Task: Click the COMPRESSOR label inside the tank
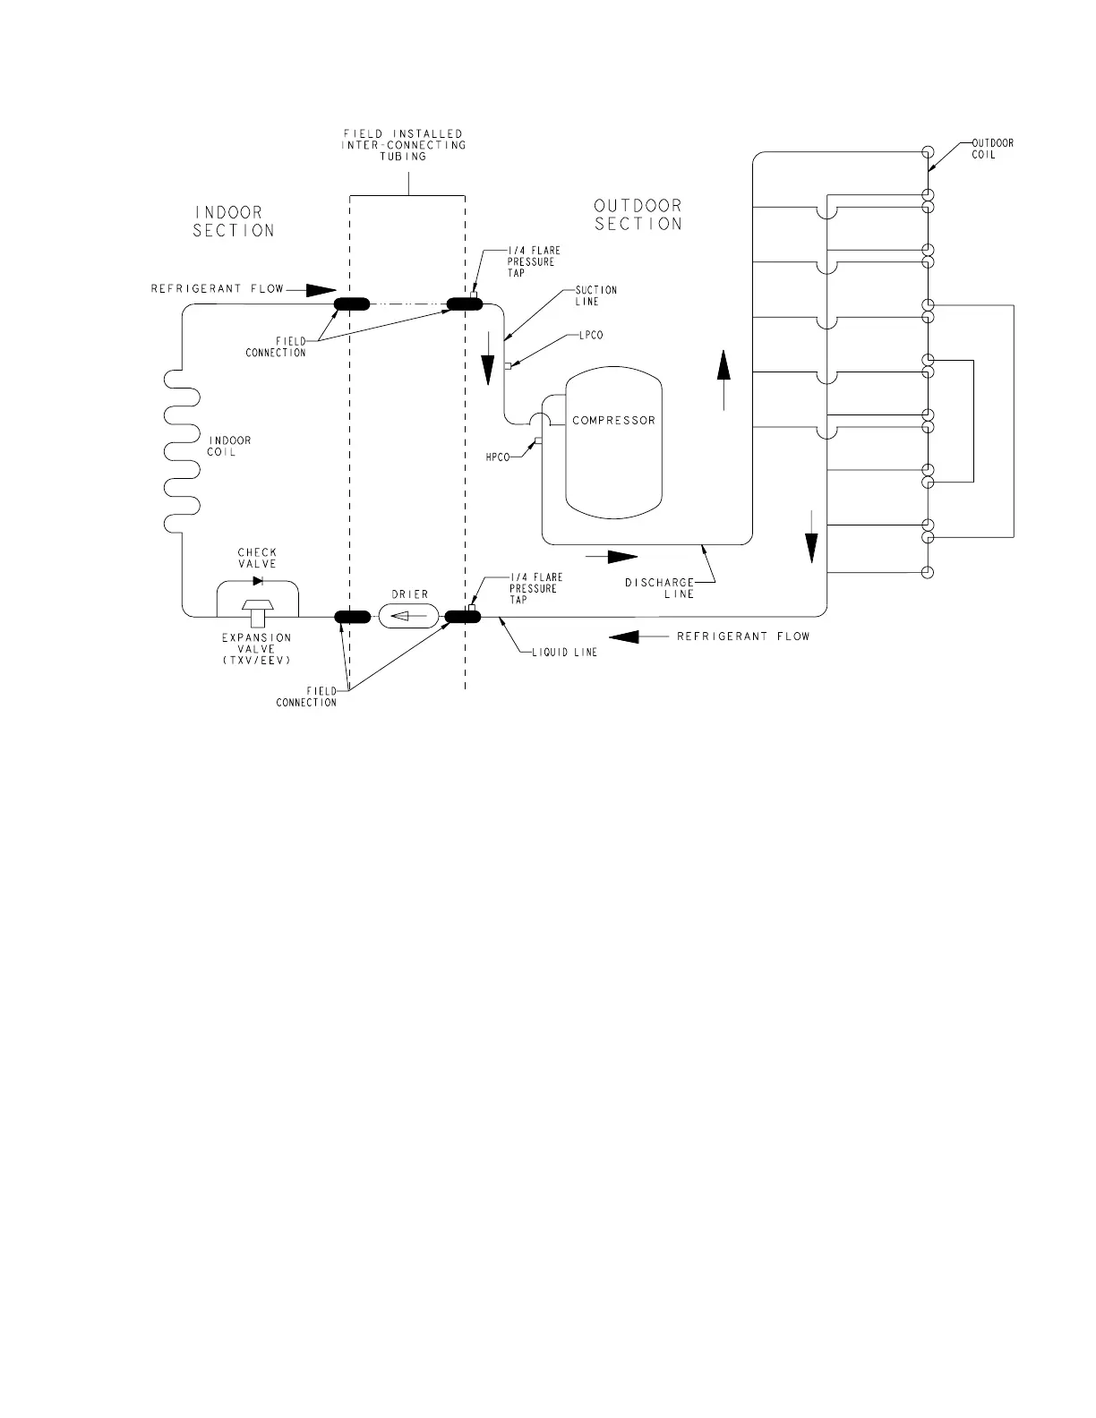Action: click(x=613, y=420)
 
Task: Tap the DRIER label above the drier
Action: click(x=409, y=594)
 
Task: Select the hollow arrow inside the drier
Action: click(x=408, y=616)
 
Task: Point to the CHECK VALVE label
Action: click(x=257, y=558)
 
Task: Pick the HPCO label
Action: click(x=498, y=457)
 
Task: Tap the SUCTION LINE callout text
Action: click(x=595, y=295)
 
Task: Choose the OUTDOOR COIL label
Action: click(x=992, y=149)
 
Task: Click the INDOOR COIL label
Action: click(x=229, y=446)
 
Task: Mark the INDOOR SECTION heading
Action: click(x=234, y=221)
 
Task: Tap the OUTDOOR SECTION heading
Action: click(x=638, y=215)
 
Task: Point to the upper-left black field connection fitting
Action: click(x=352, y=303)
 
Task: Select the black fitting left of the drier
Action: click(x=352, y=616)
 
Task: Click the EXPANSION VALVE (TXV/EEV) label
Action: click(x=257, y=648)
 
